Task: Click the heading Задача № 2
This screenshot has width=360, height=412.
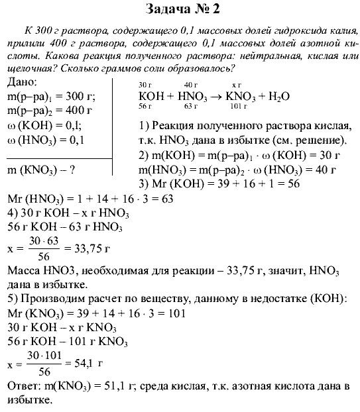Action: pos(180,9)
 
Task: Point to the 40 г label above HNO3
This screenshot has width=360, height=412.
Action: pos(191,85)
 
